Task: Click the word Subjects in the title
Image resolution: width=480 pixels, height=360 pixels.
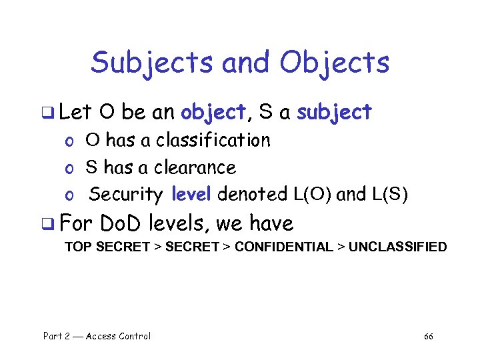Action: (x=152, y=63)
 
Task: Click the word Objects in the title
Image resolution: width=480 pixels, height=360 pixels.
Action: (x=334, y=63)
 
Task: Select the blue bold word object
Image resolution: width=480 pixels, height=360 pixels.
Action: (x=213, y=113)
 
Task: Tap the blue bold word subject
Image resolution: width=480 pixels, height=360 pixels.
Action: (x=334, y=113)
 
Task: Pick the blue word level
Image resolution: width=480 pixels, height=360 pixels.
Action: (x=191, y=194)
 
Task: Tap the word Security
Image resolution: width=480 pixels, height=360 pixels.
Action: (x=126, y=194)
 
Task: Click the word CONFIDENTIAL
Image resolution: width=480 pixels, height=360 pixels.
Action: (x=283, y=247)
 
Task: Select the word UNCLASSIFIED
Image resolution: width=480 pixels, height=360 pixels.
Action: (x=398, y=247)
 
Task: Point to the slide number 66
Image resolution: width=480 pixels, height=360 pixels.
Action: (x=429, y=336)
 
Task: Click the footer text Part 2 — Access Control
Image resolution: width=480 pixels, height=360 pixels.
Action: (x=97, y=336)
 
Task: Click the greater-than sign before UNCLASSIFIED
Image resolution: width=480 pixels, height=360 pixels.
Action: (x=340, y=247)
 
